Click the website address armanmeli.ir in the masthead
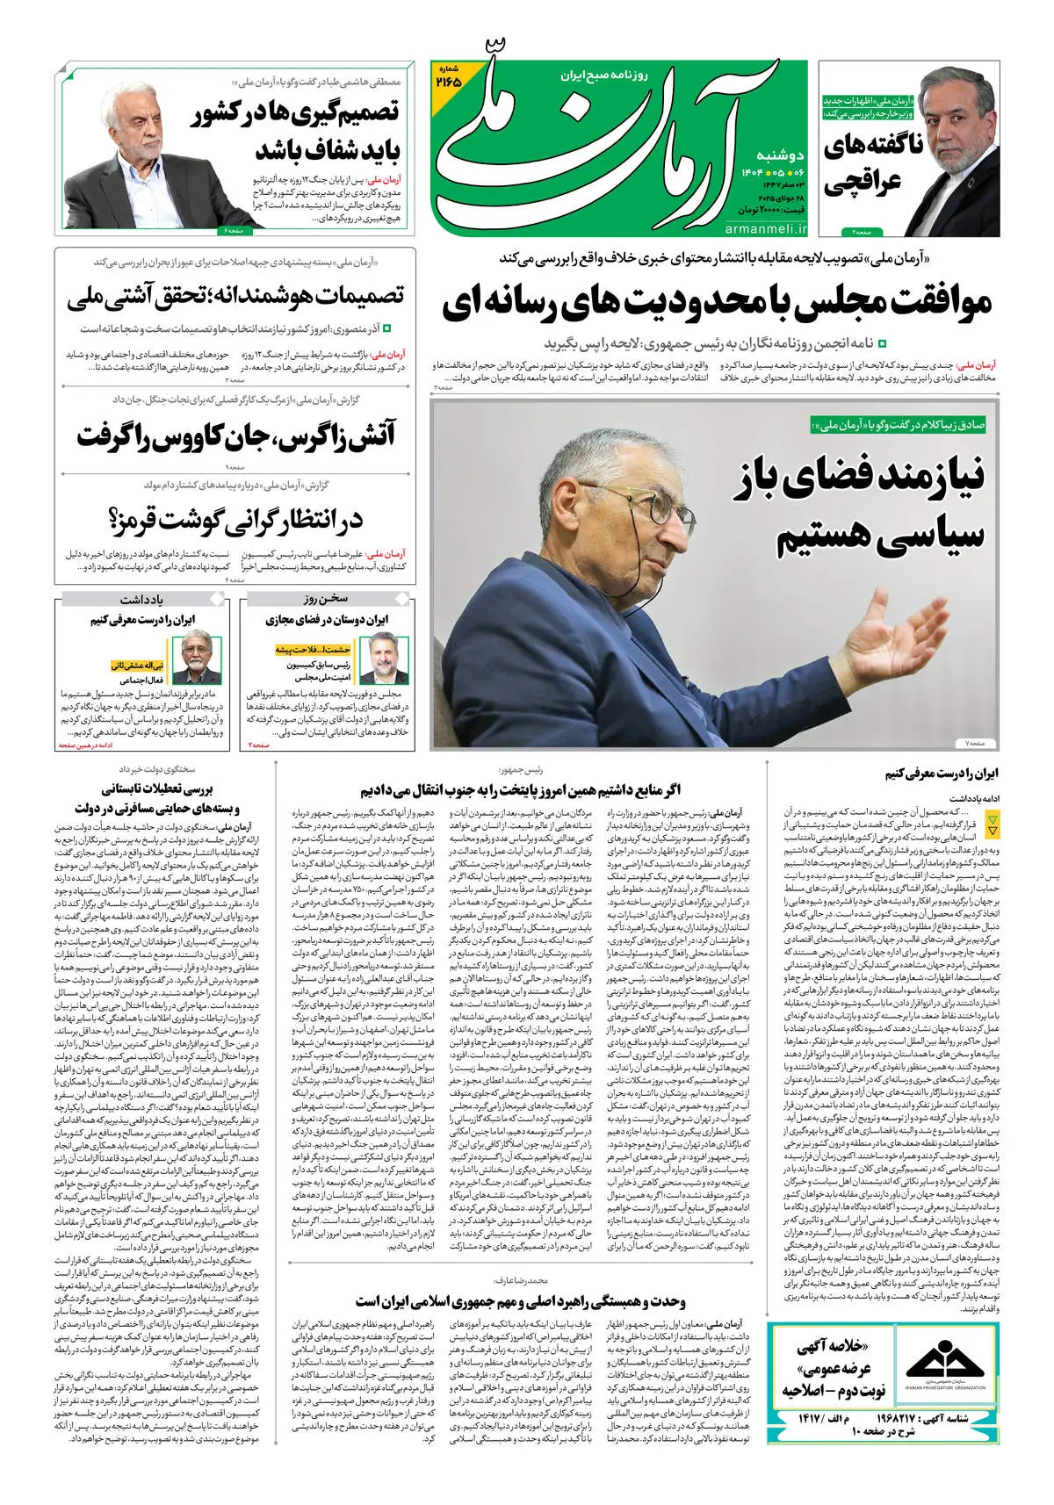click(766, 228)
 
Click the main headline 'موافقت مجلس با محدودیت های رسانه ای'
click(717, 303)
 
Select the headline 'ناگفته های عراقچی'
click(873, 164)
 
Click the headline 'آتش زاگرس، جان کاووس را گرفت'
click(235, 436)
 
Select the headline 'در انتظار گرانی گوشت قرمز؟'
click(235, 520)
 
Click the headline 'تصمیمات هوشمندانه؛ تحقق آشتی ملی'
click(235, 296)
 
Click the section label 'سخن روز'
click(327, 599)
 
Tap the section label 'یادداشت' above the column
click(141, 599)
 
